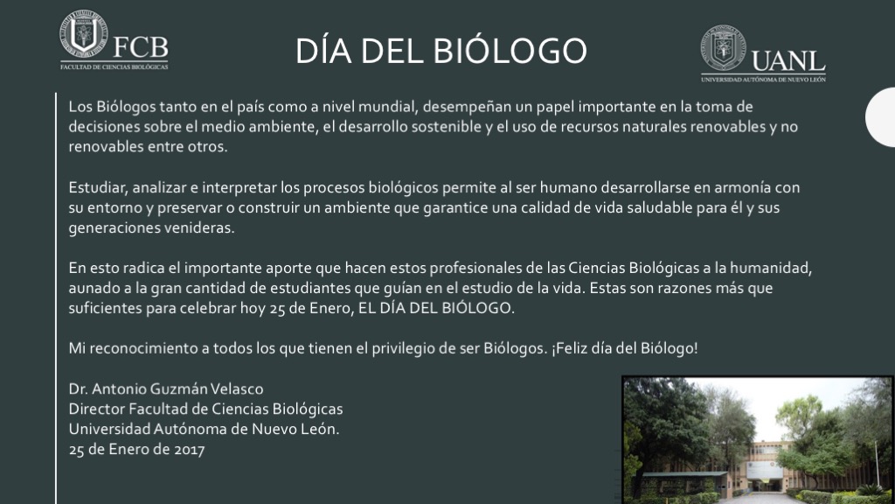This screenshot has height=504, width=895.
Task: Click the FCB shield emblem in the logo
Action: click(84, 33)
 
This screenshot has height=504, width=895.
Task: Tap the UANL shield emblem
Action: click(723, 47)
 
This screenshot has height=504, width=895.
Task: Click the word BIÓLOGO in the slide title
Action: click(510, 50)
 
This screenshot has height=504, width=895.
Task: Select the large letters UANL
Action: click(788, 61)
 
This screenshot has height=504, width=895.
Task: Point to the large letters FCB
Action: click(141, 47)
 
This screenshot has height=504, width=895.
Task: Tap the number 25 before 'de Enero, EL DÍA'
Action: click(277, 309)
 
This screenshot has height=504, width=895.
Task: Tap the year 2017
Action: click(190, 450)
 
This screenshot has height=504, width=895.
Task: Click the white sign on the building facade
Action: click(764, 470)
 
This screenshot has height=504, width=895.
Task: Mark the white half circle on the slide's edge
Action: click(880, 117)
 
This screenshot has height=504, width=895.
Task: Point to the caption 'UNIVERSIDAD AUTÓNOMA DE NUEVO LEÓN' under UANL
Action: click(763, 80)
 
